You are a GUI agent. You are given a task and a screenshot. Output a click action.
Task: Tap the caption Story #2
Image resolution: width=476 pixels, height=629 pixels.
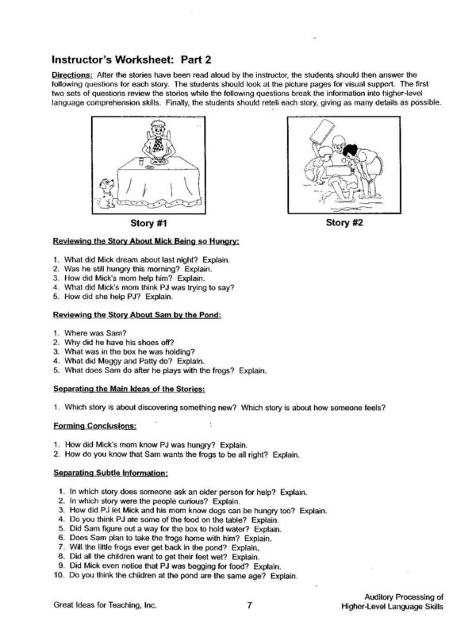pos(344,223)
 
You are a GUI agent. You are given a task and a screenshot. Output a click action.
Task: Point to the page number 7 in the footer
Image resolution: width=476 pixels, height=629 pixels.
pos(248,605)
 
